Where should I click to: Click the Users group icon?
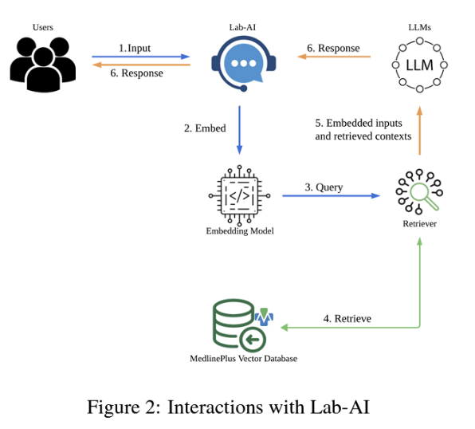[x=43, y=65]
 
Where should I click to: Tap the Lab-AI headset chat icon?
[x=244, y=64]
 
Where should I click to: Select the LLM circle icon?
[x=419, y=65]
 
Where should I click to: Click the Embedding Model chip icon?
[x=239, y=196]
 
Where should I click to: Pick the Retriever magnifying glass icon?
[x=419, y=191]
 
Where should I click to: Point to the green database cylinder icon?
[x=239, y=325]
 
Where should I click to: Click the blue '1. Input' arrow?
[x=141, y=57]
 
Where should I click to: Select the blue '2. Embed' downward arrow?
[x=239, y=130]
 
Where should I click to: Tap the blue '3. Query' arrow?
[x=331, y=195]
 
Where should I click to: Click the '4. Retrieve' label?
[x=347, y=319]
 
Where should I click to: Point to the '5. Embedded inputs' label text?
[x=359, y=123]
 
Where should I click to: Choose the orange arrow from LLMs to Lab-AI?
[x=334, y=57]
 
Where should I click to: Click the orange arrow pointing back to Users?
[x=141, y=65]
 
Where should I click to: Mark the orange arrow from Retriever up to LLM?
[x=419, y=131]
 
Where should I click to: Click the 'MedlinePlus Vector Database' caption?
[x=244, y=359]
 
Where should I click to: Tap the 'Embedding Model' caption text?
[x=240, y=231]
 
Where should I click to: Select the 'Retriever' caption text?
[x=419, y=224]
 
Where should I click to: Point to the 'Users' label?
[x=43, y=27]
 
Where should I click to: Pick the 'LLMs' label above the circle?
[x=419, y=27]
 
